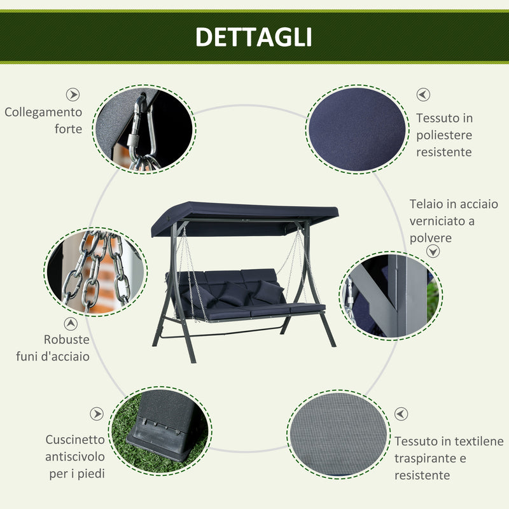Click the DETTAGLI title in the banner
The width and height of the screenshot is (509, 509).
tap(253, 37)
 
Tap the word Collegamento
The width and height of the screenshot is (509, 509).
tap(43, 112)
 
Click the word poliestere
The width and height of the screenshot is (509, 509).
tap(444, 135)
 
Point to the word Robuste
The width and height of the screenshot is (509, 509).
tap(66, 339)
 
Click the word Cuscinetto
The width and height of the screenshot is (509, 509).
tap(75, 440)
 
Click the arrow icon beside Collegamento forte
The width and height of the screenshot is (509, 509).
tap(74, 94)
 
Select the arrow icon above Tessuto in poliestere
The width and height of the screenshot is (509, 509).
tap(423, 94)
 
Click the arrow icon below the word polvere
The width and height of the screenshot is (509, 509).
tap(433, 251)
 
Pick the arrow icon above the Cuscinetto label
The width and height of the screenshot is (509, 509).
tap(96, 414)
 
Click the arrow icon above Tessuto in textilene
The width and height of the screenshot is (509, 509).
tap(401, 414)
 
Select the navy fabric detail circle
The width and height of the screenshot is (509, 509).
tap(356, 129)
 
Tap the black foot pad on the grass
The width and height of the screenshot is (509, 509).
tap(159, 426)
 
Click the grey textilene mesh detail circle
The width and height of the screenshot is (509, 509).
tap(338, 435)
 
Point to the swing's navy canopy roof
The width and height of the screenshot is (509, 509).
tap(244, 213)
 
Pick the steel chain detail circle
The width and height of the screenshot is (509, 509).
tap(97, 271)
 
